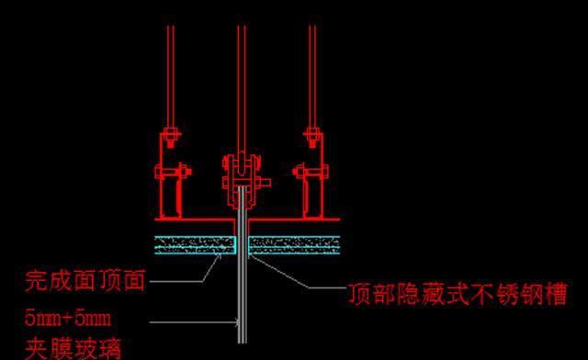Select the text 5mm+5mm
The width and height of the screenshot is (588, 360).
(69, 320)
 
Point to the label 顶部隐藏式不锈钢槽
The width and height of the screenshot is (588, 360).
(456, 294)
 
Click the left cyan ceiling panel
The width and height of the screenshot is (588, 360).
(194, 243)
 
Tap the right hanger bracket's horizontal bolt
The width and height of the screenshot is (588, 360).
(310, 172)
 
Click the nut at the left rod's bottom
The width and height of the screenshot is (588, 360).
(169, 140)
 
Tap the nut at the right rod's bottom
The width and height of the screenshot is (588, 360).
(313, 140)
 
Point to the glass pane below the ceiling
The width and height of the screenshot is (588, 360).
(242, 303)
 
